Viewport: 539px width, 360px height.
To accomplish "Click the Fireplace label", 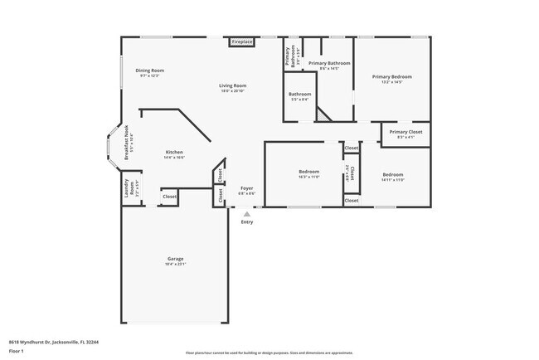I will tap(242, 41).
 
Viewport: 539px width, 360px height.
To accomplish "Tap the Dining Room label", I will tap(150, 71).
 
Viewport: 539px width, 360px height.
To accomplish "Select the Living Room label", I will tap(233, 85).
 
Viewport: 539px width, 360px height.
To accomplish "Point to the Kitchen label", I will tap(174, 152).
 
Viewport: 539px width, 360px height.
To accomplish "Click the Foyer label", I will tap(246, 188).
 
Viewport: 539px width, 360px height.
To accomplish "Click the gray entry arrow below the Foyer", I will tap(246, 213).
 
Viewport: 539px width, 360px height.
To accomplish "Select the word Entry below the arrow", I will tap(247, 221).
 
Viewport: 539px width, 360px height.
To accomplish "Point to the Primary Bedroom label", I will tap(391, 76).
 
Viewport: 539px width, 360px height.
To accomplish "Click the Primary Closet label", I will tap(405, 132).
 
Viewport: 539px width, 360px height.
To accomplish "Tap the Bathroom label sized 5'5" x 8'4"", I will tap(299, 94).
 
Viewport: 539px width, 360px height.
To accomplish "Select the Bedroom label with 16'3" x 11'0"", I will tap(308, 172).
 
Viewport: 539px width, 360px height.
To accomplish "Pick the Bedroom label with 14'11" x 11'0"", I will tap(393, 174).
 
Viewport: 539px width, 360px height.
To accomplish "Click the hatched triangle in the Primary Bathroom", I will tap(323, 114).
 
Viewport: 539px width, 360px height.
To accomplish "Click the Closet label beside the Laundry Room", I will tap(169, 197).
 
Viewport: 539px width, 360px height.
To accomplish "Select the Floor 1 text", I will tap(17, 351).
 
